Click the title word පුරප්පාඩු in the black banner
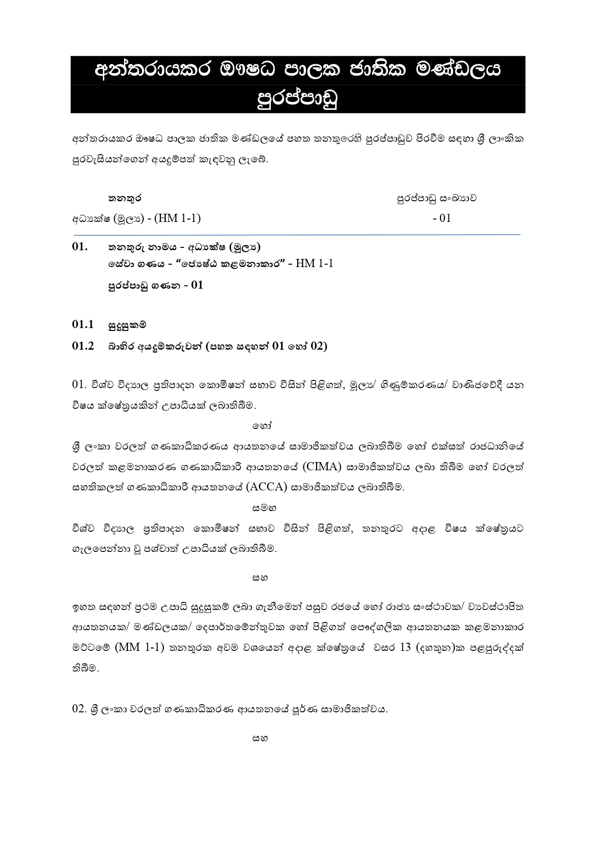pyautogui.click(x=298, y=99)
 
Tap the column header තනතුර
pyautogui.click(x=124, y=198)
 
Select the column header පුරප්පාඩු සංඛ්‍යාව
pyautogui.click(x=436, y=198)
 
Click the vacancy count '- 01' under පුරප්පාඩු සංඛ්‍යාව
pyautogui.click(x=441, y=218)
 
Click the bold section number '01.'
pyautogui.click(x=80, y=247)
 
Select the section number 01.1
pyautogui.click(x=83, y=324)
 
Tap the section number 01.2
pyautogui.click(x=83, y=346)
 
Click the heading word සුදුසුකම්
pyautogui.click(x=127, y=325)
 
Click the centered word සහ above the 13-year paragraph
pyautogui.click(x=260, y=577)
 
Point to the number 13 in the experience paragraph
pyautogui.click(x=405, y=647)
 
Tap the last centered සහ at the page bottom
pyautogui.click(x=260, y=738)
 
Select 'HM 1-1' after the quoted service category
pyautogui.click(x=314, y=263)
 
